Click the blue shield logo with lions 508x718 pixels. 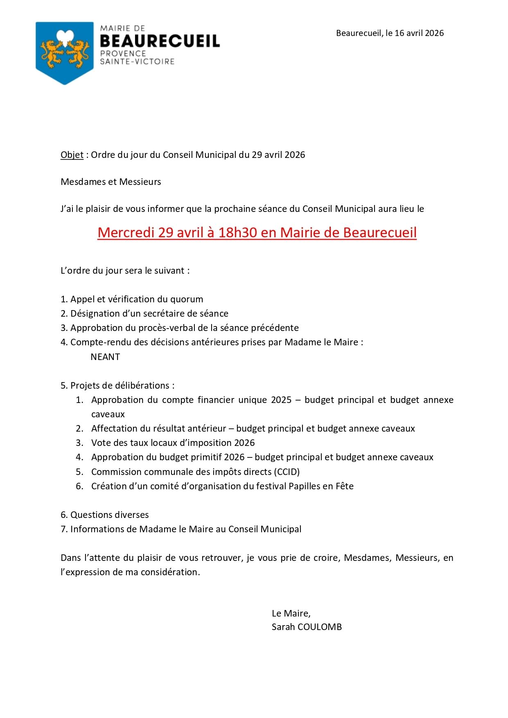tap(65, 52)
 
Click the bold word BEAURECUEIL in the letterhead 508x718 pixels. tap(160, 41)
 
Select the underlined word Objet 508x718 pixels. tap(72, 155)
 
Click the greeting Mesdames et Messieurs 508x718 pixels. tap(111, 182)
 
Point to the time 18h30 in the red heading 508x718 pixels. tap(237, 232)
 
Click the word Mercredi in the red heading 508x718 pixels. tap(126, 232)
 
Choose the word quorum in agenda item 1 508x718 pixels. tap(187, 299)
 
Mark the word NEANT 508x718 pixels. tap(105, 357)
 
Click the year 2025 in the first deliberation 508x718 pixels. tap(281, 400)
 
